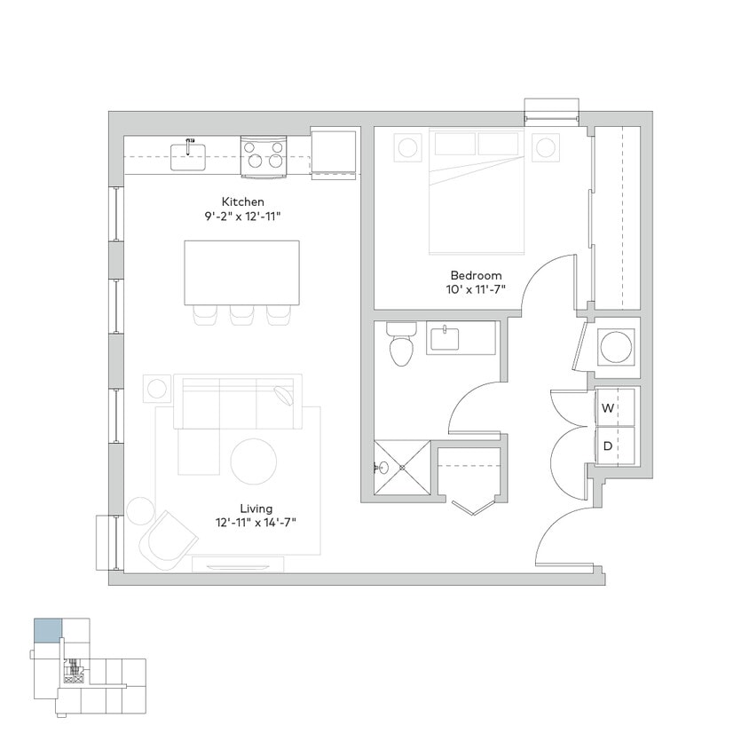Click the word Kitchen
coord(242,201)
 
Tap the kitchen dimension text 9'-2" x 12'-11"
coord(242,216)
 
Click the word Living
coord(256,508)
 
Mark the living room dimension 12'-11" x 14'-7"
coord(256,522)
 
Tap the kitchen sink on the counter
coord(188,156)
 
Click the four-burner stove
coord(264,155)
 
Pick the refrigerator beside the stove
coord(334,152)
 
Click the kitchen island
coord(241,272)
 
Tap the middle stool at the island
coord(241,315)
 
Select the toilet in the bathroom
coord(402,345)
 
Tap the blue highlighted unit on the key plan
coord(48,631)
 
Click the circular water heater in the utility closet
coord(617,346)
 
